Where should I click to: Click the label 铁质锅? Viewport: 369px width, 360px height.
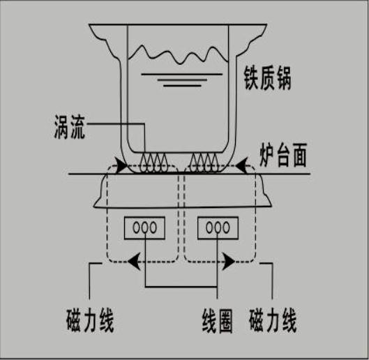268,78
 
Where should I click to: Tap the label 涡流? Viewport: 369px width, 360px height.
70,126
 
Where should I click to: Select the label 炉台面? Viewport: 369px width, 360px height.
283,155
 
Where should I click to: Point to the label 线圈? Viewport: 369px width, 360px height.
217,321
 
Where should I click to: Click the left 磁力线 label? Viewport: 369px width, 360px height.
90,321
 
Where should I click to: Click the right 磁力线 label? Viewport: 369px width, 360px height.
273,321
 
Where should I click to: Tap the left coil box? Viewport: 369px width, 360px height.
144,228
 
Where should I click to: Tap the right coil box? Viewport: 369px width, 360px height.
218,228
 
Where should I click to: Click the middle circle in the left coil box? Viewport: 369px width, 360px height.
144,227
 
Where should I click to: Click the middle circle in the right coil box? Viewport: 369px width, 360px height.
218,227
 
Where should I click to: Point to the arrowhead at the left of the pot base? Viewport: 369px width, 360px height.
121,166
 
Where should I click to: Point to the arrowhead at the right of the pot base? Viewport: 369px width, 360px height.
241,166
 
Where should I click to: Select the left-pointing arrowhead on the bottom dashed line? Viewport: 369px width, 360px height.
135,262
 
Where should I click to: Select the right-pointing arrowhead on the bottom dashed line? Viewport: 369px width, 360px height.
228,262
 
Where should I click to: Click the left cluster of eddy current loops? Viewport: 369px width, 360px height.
154,163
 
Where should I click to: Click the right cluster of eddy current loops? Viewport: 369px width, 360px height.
204,163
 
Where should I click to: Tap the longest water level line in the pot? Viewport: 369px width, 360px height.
181,75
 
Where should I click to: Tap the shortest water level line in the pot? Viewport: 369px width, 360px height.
182,86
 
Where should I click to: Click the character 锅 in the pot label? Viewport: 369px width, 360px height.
284,78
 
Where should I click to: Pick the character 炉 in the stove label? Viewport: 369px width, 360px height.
267,155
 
